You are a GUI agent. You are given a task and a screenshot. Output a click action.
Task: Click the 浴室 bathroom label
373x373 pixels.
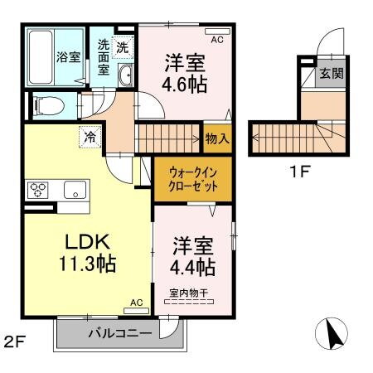tap(68, 57)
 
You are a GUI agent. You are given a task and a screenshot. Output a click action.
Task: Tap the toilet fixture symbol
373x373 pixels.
tap(48, 105)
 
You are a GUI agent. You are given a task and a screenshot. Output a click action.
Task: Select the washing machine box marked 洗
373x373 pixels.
tap(123, 47)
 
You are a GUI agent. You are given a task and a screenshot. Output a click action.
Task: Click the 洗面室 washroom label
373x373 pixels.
tap(104, 57)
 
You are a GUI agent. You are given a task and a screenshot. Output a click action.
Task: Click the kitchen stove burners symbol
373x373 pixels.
tap(38, 188)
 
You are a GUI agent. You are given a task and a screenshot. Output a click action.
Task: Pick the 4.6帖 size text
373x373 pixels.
tap(184, 84)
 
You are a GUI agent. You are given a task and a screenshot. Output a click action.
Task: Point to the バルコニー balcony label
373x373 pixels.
tap(121, 334)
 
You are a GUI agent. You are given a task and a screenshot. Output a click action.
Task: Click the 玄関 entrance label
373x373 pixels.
tap(331, 73)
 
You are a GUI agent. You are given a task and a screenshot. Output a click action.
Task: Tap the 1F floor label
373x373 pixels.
tap(299, 173)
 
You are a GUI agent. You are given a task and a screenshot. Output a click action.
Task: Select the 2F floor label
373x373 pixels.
tap(16, 341)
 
